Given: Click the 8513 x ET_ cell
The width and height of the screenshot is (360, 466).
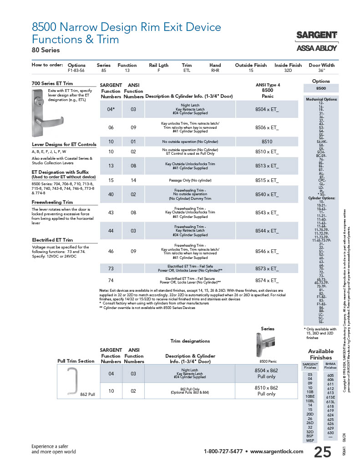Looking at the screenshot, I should [x=267, y=166].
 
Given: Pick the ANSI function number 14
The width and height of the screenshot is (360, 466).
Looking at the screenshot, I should [x=133, y=181].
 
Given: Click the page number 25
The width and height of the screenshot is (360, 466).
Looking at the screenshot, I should [x=323, y=451].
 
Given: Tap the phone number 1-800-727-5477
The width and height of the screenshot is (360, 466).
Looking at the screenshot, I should [x=223, y=451].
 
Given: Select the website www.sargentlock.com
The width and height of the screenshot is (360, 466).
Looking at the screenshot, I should [x=277, y=451].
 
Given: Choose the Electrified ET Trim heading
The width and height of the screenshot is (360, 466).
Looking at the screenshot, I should [x=52, y=240].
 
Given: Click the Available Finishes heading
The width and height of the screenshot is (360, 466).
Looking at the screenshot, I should [x=321, y=354].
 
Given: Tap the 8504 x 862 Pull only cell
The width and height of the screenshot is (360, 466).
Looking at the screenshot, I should [x=267, y=374].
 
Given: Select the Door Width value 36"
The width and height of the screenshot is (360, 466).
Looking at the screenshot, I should [x=321, y=71].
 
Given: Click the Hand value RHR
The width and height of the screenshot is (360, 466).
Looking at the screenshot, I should [x=215, y=71].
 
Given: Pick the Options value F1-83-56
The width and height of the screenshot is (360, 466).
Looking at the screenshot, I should [x=76, y=71].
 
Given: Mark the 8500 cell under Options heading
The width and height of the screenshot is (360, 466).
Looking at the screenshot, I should [x=321, y=88].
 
